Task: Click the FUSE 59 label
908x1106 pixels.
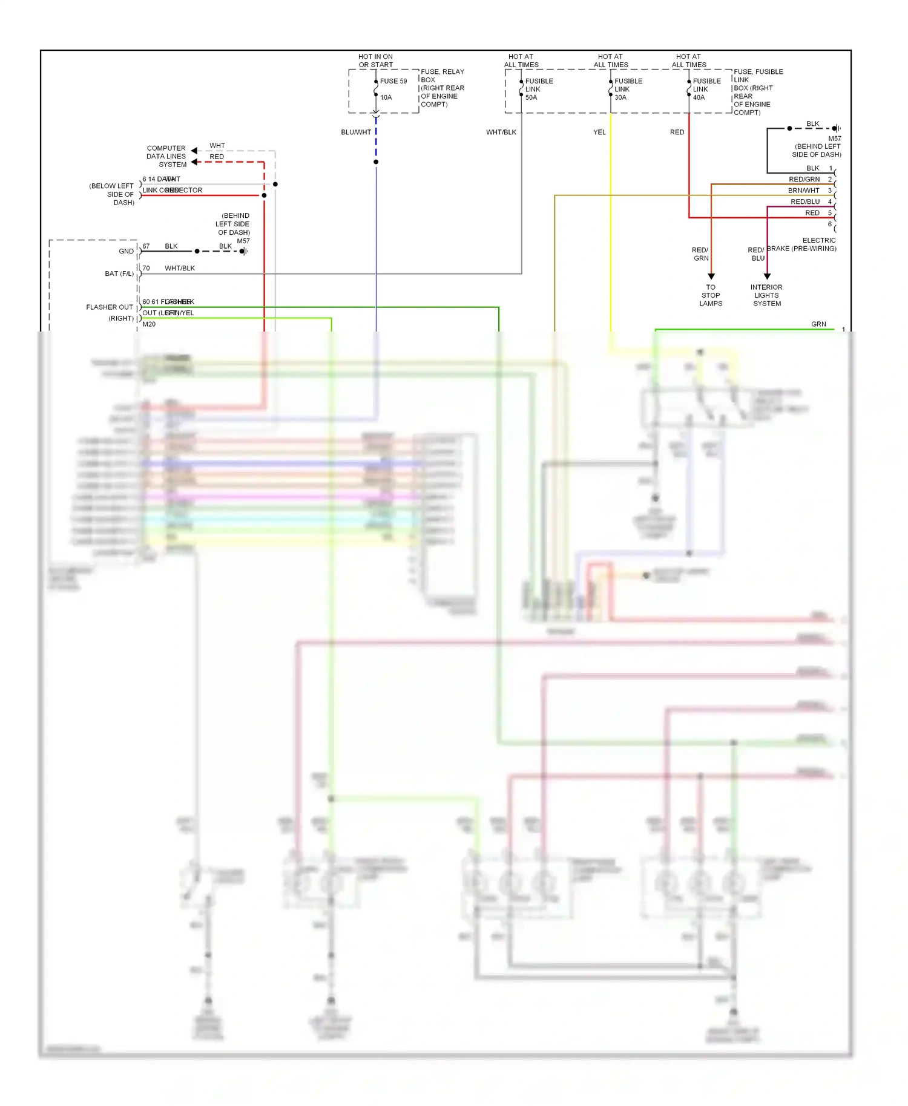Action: point(393,81)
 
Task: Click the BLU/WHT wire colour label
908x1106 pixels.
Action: point(356,133)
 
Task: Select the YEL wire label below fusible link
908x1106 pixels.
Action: point(599,133)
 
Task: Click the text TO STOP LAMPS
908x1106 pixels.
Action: point(711,295)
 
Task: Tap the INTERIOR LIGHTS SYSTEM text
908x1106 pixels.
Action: point(767,295)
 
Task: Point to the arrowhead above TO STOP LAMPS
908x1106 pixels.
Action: point(711,276)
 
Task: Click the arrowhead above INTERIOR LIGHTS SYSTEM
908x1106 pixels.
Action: point(767,276)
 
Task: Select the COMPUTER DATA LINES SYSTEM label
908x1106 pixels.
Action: point(166,156)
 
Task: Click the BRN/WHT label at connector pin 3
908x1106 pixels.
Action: point(803,191)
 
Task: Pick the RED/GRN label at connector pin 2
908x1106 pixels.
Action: point(804,180)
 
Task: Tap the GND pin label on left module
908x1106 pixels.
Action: point(126,252)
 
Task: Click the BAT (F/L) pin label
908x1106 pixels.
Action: point(119,274)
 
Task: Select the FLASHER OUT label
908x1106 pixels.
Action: point(110,307)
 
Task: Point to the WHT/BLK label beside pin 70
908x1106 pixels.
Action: point(180,269)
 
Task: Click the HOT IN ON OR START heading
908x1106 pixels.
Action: point(375,61)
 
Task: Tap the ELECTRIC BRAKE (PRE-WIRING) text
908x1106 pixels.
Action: point(801,244)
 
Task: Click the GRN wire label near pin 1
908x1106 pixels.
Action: point(818,324)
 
